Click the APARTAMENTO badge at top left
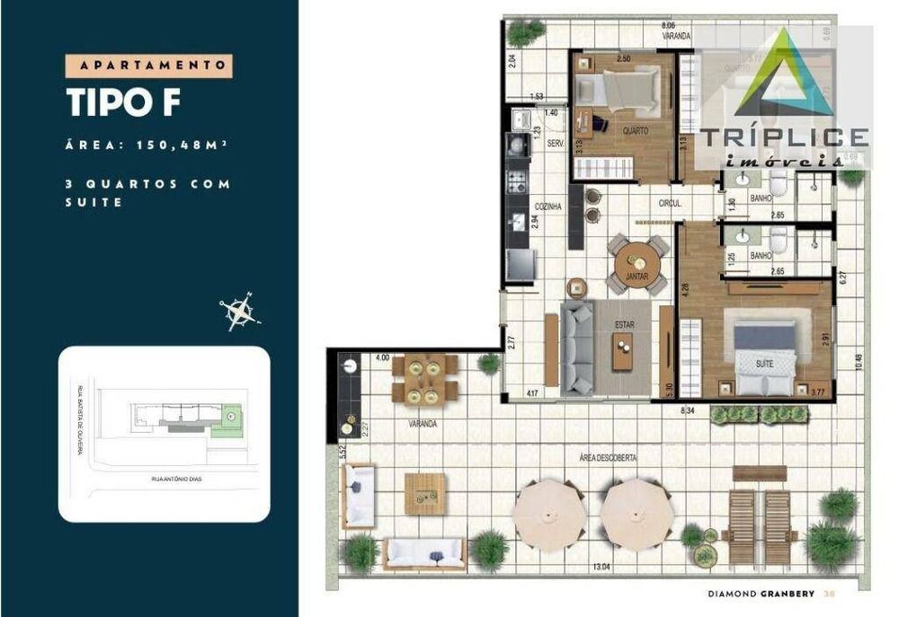149,66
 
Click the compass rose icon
239,312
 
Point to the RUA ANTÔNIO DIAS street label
178,480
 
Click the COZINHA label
547,207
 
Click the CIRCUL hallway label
668,204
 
